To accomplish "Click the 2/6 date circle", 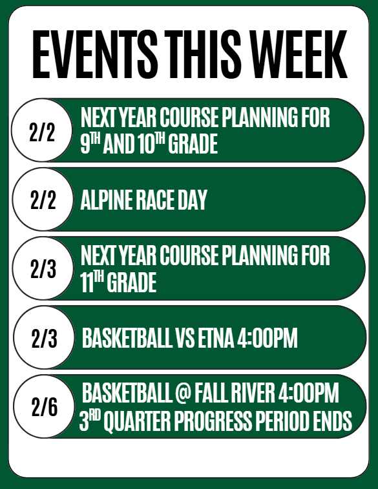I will coord(44,408).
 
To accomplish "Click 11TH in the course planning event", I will coord(94,283).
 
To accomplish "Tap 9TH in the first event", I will coord(92,144).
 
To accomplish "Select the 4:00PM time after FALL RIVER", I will coord(308,392).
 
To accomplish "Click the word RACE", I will coord(153,201).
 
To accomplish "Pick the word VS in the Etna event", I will coord(182,339).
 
